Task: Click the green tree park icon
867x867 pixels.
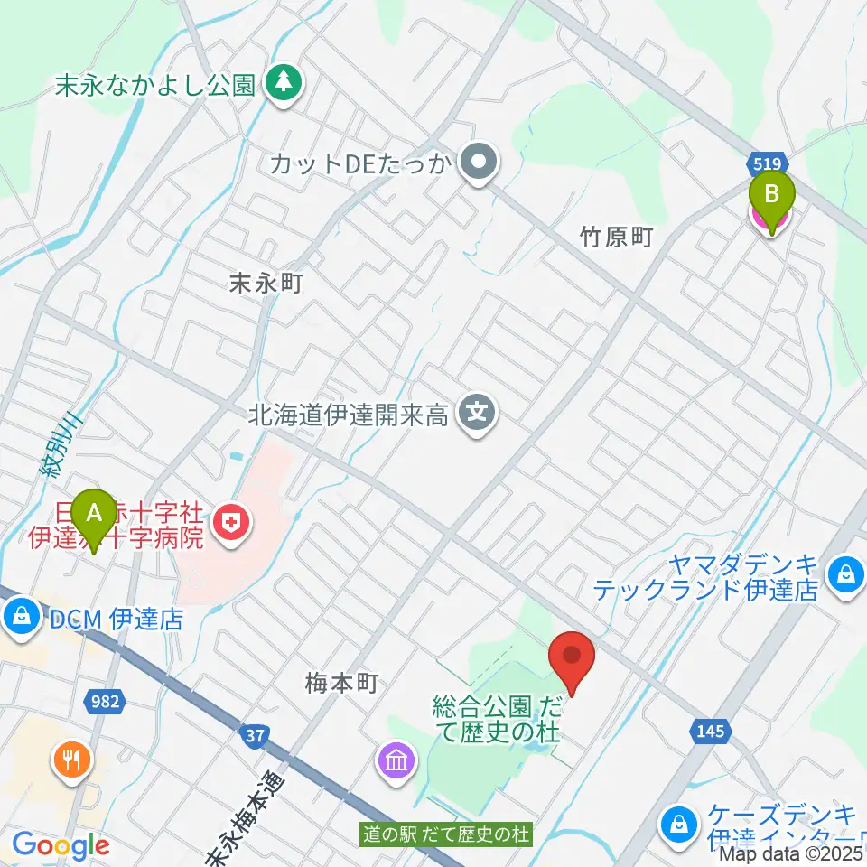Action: pyautogui.click(x=284, y=84)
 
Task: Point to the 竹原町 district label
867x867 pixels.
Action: pyautogui.click(x=616, y=238)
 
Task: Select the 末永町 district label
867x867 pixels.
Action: pyautogui.click(x=265, y=283)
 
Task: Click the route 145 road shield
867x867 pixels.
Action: pyautogui.click(x=711, y=731)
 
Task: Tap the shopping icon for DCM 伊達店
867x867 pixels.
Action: pyautogui.click(x=19, y=618)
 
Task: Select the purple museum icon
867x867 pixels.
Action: pyautogui.click(x=396, y=760)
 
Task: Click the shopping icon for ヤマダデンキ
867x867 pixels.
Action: pyautogui.click(x=845, y=573)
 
